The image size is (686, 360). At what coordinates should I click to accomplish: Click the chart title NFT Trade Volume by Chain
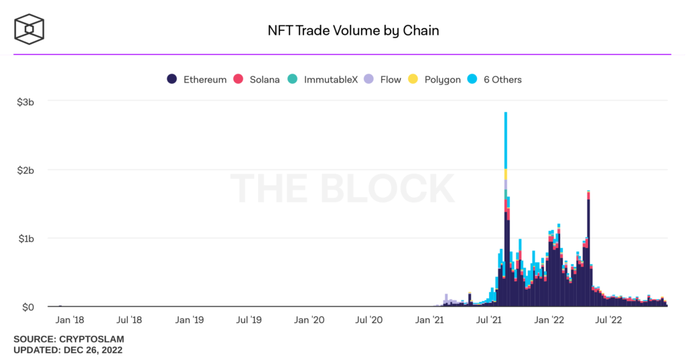[344, 30]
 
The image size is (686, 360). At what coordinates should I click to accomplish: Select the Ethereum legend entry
[197, 79]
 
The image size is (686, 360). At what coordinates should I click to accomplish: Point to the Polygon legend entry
[434, 79]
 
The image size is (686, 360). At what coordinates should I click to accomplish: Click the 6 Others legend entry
[495, 79]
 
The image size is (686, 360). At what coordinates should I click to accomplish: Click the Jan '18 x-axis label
[69, 320]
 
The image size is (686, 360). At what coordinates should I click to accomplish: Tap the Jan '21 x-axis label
[431, 320]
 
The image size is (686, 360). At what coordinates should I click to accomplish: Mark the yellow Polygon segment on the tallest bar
[506, 174]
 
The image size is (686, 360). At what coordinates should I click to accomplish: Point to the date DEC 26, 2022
[92, 350]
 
